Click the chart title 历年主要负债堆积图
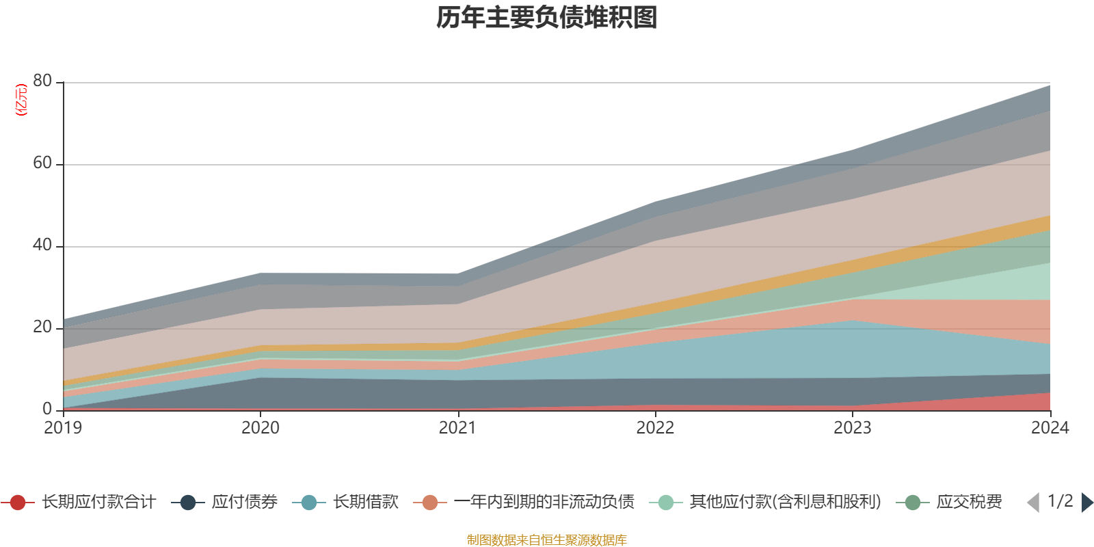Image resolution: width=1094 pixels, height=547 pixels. tap(547, 18)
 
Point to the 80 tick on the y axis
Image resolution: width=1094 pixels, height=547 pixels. tap(42, 81)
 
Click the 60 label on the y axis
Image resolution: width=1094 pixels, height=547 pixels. tap(42, 163)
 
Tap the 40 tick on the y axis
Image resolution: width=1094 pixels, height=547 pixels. tap(42, 245)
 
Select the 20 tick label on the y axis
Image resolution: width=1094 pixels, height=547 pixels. tap(42, 328)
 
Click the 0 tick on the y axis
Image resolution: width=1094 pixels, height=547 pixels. tap(47, 409)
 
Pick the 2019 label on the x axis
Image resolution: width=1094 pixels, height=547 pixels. tap(63, 428)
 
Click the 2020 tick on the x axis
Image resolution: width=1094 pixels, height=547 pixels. tap(261, 428)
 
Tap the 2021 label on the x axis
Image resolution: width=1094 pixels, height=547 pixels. tap(457, 428)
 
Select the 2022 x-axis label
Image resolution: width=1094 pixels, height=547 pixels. tap(655, 428)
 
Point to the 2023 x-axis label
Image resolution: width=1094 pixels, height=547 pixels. tap(852, 428)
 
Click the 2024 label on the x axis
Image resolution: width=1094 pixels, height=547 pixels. tap(1050, 428)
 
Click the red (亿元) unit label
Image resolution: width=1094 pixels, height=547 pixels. tap(22, 100)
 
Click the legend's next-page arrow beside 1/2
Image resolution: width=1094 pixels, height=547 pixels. tap(1087, 503)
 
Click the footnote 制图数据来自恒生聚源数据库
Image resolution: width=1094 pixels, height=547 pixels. tap(547, 540)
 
